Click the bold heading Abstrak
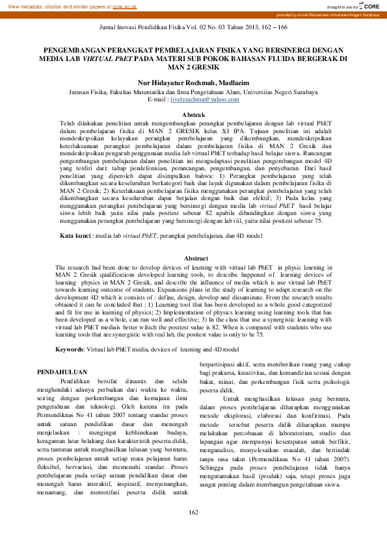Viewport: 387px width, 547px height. point(193,114)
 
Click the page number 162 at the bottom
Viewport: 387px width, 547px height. point(193,531)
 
